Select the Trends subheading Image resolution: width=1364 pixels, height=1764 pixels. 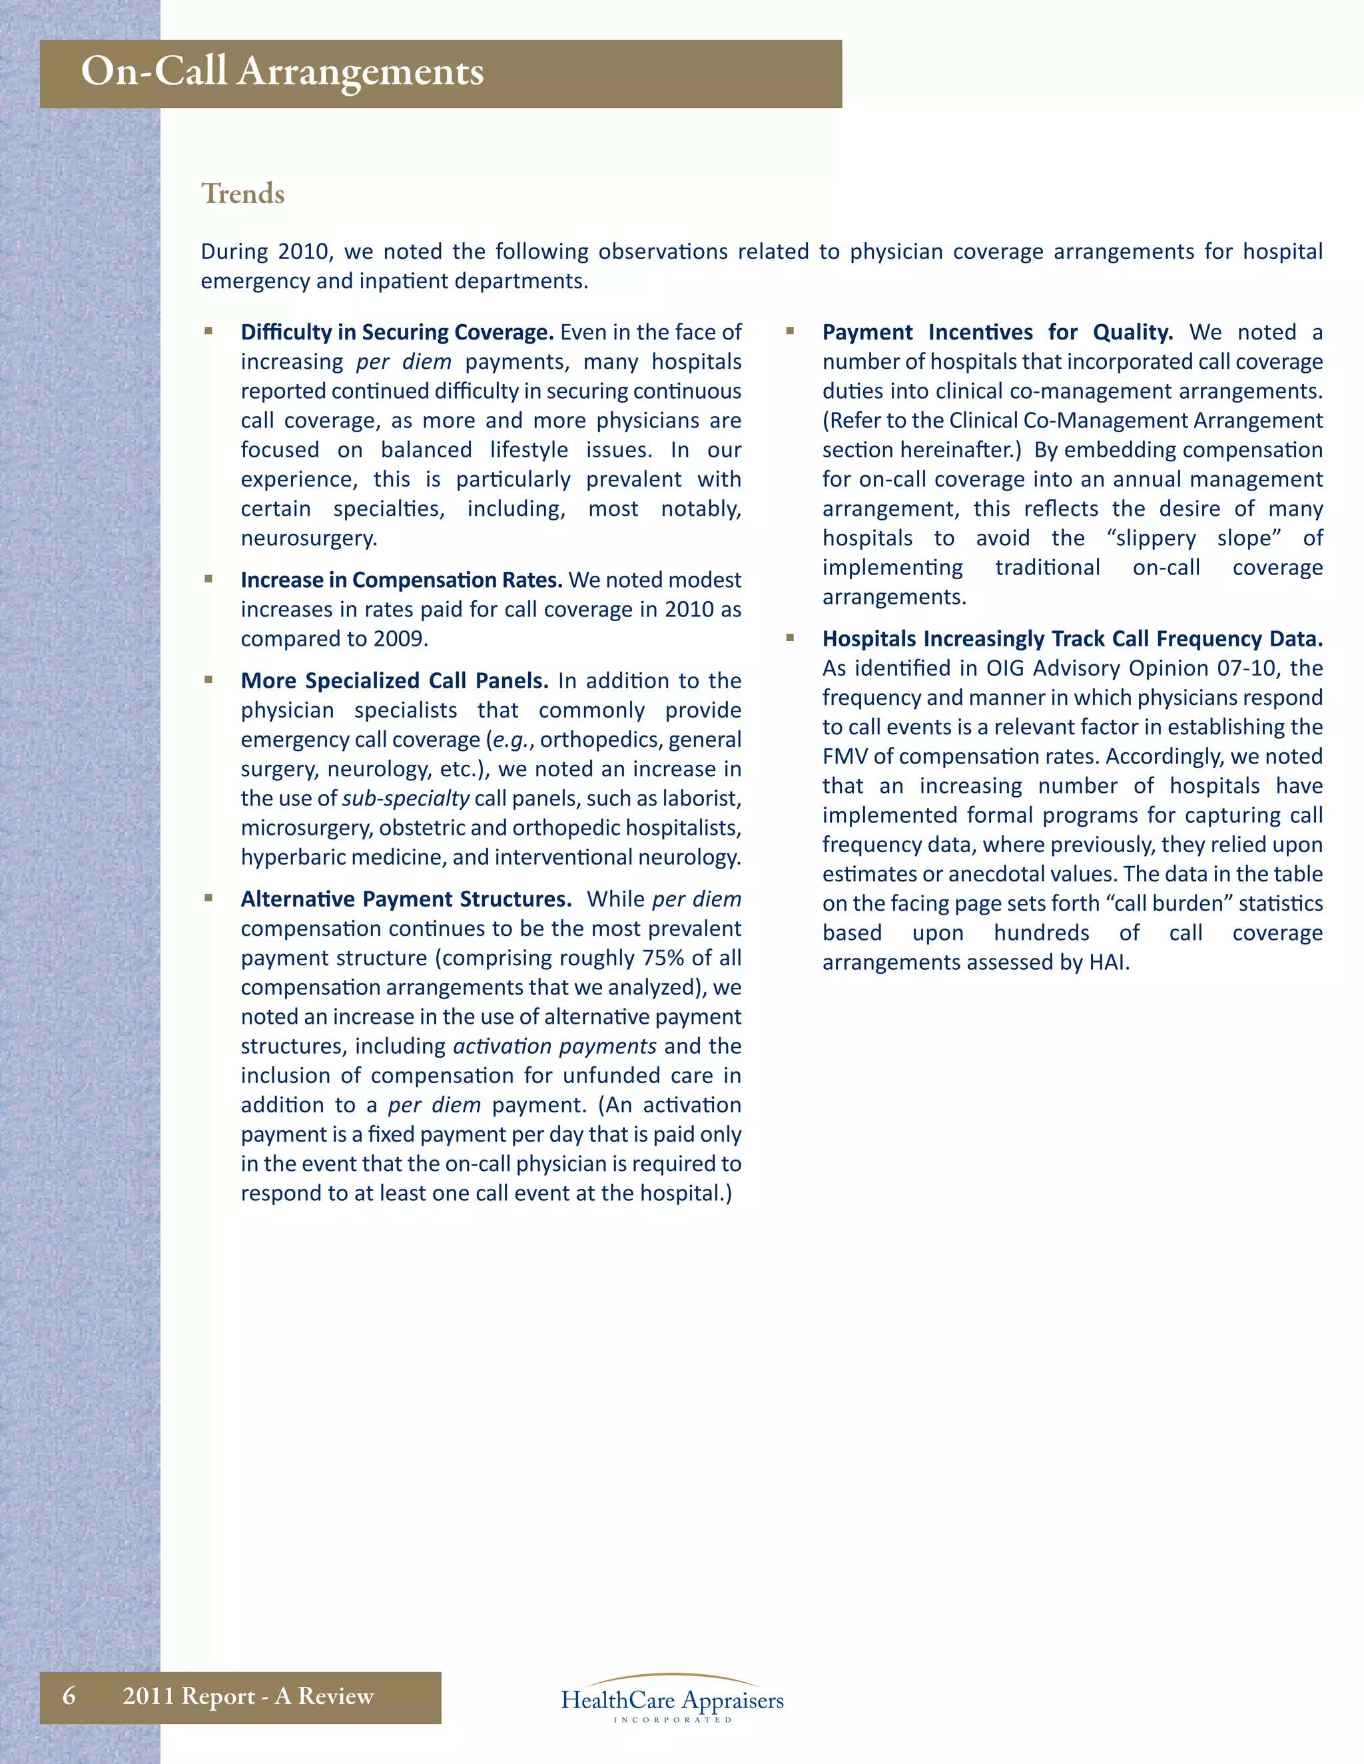(242, 194)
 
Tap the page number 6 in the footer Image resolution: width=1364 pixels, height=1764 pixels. (69, 1695)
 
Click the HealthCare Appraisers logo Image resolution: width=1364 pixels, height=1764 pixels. (672, 1699)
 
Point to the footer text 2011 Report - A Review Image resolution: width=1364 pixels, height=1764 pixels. (248, 1695)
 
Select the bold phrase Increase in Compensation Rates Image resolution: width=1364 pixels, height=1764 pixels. (402, 580)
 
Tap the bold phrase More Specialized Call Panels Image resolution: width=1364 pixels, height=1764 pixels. (394, 681)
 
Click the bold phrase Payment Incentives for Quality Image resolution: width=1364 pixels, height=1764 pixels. (997, 333)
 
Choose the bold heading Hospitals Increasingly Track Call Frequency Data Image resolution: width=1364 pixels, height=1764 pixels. (1072, 639)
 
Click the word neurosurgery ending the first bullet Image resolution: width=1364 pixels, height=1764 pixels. (308, 539)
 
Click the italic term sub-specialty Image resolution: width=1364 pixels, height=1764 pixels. (406, 799)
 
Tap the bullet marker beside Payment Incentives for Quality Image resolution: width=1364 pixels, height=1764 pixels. (791, 330)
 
